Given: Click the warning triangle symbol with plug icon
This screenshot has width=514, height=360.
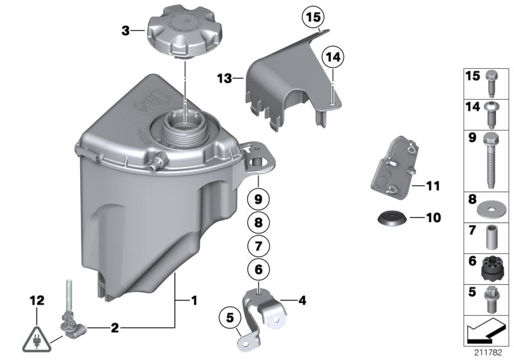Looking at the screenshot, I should click(x=39, y=335).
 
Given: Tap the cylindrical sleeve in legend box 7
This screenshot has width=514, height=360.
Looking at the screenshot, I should click(x=492, y=237).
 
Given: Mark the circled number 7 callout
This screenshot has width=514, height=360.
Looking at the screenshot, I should click(x=257, y=246).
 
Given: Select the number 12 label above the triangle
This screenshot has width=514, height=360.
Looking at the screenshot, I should click(x=37, y=300).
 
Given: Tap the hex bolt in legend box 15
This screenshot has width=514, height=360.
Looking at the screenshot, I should click(x=492, y=82).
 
